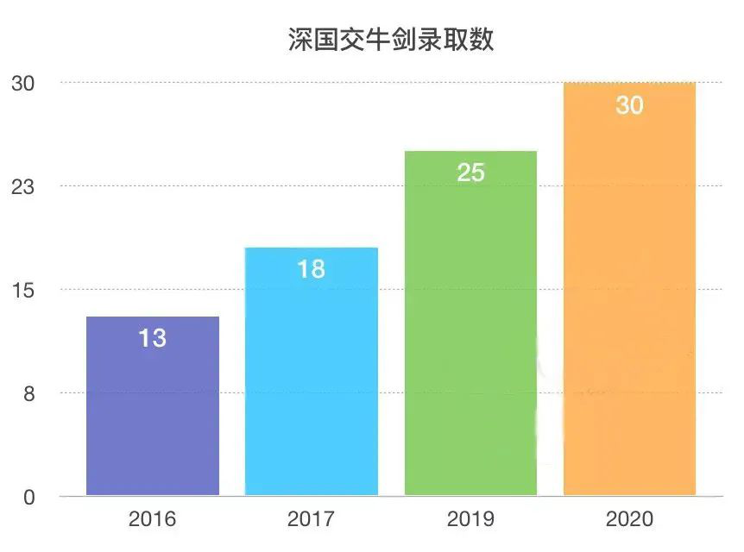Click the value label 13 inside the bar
pyautogui.click(x=152, y=338)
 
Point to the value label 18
pyautogui.click(x=311, y=269)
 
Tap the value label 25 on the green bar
pyautogui.click(x=470, y=172)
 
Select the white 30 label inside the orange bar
pyautogui.click(x=629, y=105)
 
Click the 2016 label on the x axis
pyautogui.click(x=152, y=519)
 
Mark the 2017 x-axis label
pyautogui.click(x=311, y=519)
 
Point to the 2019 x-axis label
pyautogui.click(x=470, y=519)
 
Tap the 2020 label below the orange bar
pyautogui.click(x=629, y=519)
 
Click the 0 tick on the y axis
pyautogui.click(x=28, y=498)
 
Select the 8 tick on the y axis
pyautogui.click(x=28, y=394)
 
